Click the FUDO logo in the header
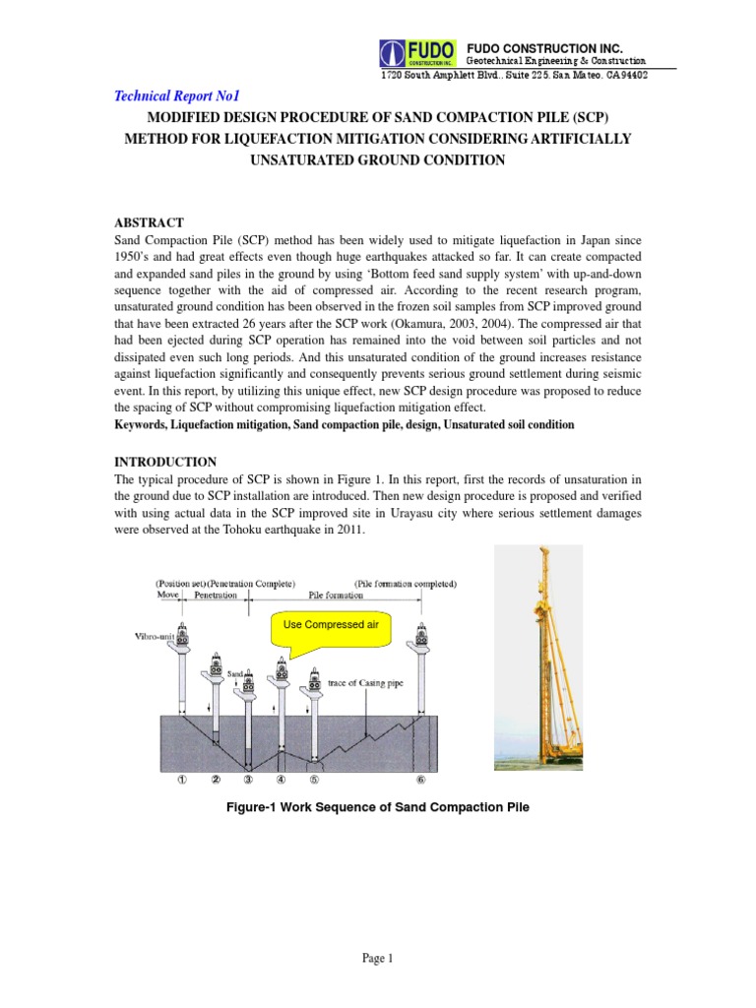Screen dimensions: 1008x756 pyautogui.click(x=418, y=53)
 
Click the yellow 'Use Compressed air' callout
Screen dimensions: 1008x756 pyautogui.click(x=324, y=627)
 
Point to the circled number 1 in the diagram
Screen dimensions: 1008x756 pyautogui.click(x=181, y=780)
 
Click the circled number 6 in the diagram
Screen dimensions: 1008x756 pyautogui.click(x=421, y=780)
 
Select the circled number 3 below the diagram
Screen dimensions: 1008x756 pyautogui.click(x=248, y=780)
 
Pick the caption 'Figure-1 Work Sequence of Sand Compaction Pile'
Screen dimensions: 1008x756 pyautogui.click(x=377, y=807)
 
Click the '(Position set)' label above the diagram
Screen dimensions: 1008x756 pyautogui.click(x=178, y=584)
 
